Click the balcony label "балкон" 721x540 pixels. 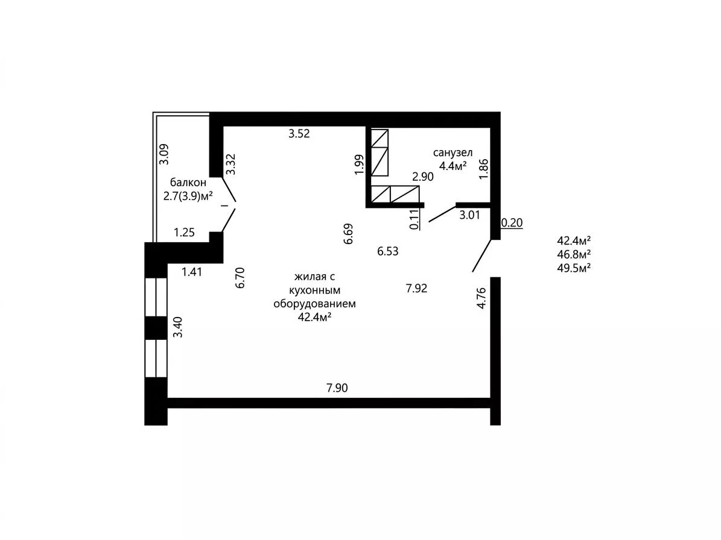point(188,182)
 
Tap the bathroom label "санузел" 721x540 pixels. point(453,153)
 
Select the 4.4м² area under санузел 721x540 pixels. point(453,166)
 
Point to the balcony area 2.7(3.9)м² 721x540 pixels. point(188,196)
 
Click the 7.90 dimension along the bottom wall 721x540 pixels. point(337,388)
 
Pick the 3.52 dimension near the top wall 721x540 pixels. point(299,134)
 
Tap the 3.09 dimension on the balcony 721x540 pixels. point(164,155)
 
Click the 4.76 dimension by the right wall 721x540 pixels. point(481,298)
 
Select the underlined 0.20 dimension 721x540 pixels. point(512,223)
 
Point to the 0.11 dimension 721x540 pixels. point(414,219)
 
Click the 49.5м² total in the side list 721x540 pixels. point(574,268)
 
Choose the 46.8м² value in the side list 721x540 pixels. point(574,254)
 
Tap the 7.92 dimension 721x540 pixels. point(416,288)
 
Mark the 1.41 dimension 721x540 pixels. point(192,272)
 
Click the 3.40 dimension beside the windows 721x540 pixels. point(177,327)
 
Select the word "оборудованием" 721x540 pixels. point(314,304)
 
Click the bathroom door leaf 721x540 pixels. point(442,215)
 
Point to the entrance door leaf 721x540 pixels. point(481,256)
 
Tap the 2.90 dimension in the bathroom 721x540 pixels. point(422,177)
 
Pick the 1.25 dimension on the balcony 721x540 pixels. point(185,233)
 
